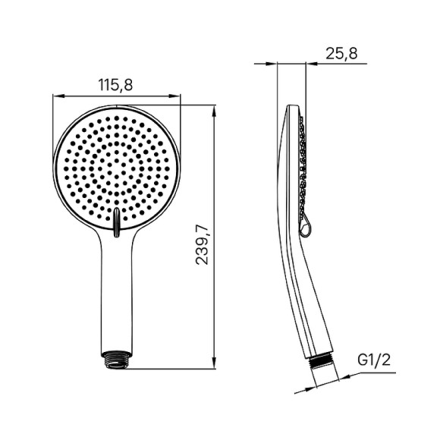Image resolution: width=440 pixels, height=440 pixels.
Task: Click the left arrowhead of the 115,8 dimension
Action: [x=57, y=96]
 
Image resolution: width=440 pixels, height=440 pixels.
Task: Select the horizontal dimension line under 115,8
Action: [x=117, y=96]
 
